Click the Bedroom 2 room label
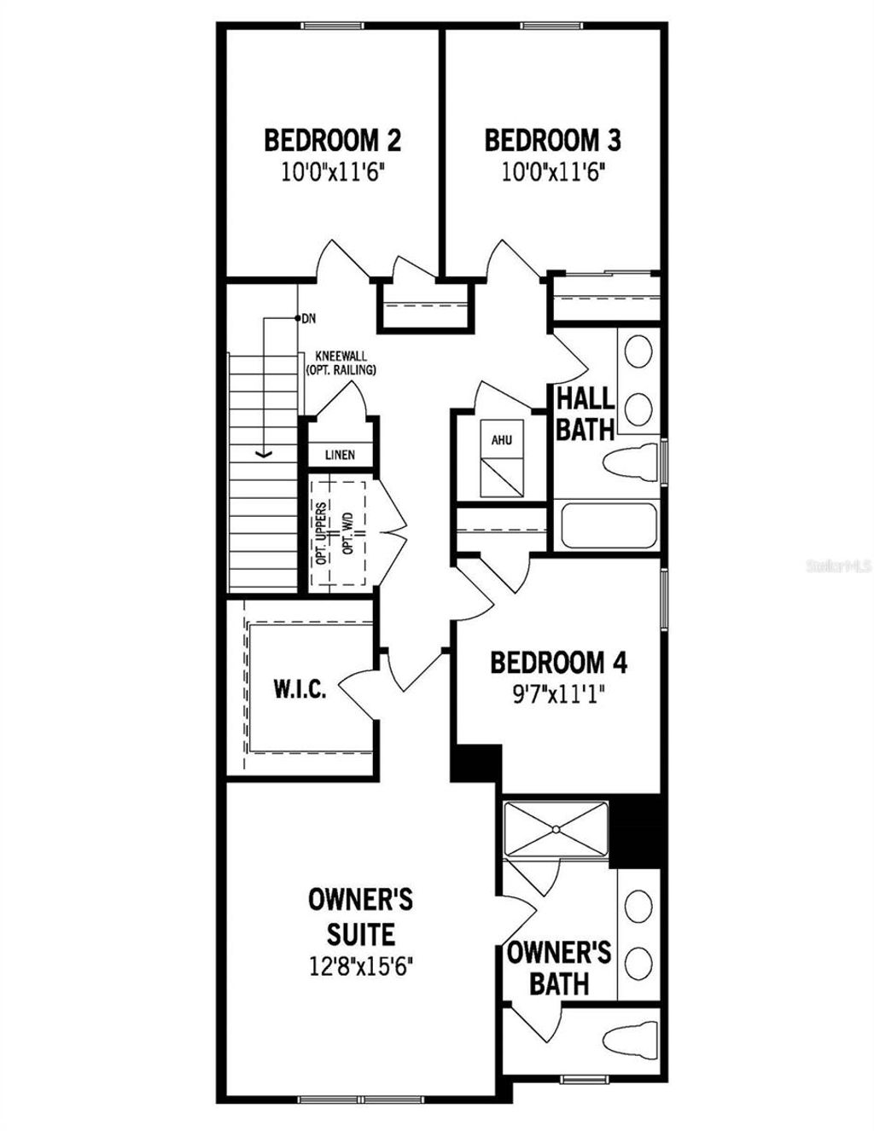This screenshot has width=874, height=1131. (332, 140)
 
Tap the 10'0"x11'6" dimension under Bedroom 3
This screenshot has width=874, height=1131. (553, 173)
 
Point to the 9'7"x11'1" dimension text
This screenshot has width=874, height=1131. (559, 693)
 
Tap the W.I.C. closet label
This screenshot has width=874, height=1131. (300, 690)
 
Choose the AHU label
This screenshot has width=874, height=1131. (501, 441)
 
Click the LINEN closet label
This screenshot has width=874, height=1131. (340, 455)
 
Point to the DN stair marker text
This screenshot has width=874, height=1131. (308, 319)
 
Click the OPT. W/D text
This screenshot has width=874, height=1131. (348, 533)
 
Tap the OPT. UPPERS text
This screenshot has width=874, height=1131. (321, 533)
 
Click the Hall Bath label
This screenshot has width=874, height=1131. (586, 414)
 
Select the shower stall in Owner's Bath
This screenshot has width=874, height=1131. (556, 828)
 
